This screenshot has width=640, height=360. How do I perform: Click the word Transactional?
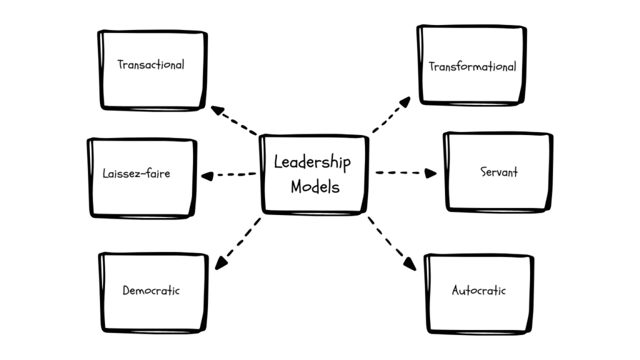point(151,64)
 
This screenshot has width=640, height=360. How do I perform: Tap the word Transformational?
point(472,66)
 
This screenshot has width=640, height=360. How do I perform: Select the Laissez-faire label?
point(136,173)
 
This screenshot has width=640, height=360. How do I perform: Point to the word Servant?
point(499,172)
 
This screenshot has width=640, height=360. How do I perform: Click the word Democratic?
point(151,291)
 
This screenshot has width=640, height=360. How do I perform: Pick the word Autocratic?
point(479,291)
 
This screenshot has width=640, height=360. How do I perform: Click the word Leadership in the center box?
point(312,162)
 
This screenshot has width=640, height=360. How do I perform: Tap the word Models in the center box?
point(315,186)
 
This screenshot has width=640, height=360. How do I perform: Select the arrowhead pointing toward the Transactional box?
point(216,111)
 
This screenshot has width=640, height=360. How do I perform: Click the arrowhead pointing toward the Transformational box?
point(406,101)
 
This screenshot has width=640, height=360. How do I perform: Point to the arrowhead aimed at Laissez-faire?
point(206,176)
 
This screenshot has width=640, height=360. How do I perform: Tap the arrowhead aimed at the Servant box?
point(431,173)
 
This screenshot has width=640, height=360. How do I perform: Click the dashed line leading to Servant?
point(400,172)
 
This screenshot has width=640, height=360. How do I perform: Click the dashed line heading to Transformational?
point(387,117)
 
